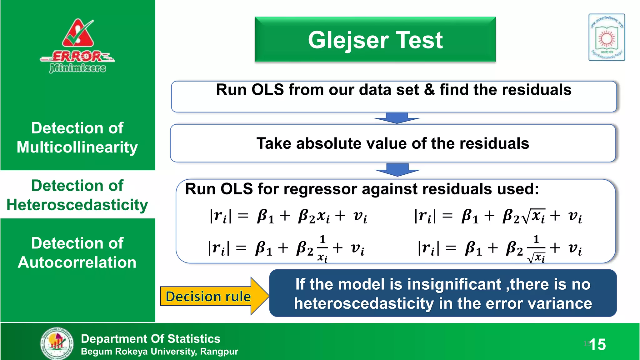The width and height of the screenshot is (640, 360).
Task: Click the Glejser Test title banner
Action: pos(375,40)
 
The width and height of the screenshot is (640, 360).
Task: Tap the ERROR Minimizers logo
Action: pos(77,46)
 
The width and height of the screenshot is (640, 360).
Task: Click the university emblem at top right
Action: pos(607,37)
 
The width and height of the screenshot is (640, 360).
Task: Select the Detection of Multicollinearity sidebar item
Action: pos(77,137)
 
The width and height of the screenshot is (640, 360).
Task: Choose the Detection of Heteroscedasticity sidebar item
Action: pos(77,195)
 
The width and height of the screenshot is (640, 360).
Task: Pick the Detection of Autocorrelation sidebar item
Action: pos(77,252)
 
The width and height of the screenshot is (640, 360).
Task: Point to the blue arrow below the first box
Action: pos(397,118)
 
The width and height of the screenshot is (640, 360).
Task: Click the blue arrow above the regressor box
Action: pos(397,170)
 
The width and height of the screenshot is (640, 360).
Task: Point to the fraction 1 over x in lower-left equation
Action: pos(322,249)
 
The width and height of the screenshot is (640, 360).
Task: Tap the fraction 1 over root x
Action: pos(536,249)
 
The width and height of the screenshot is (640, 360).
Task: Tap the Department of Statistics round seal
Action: pos(57,343)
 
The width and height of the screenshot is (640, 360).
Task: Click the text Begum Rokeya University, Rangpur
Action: pos(159,352)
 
